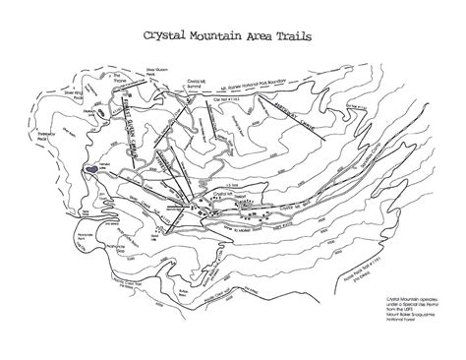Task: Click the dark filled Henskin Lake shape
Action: click(x=90, y=169)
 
